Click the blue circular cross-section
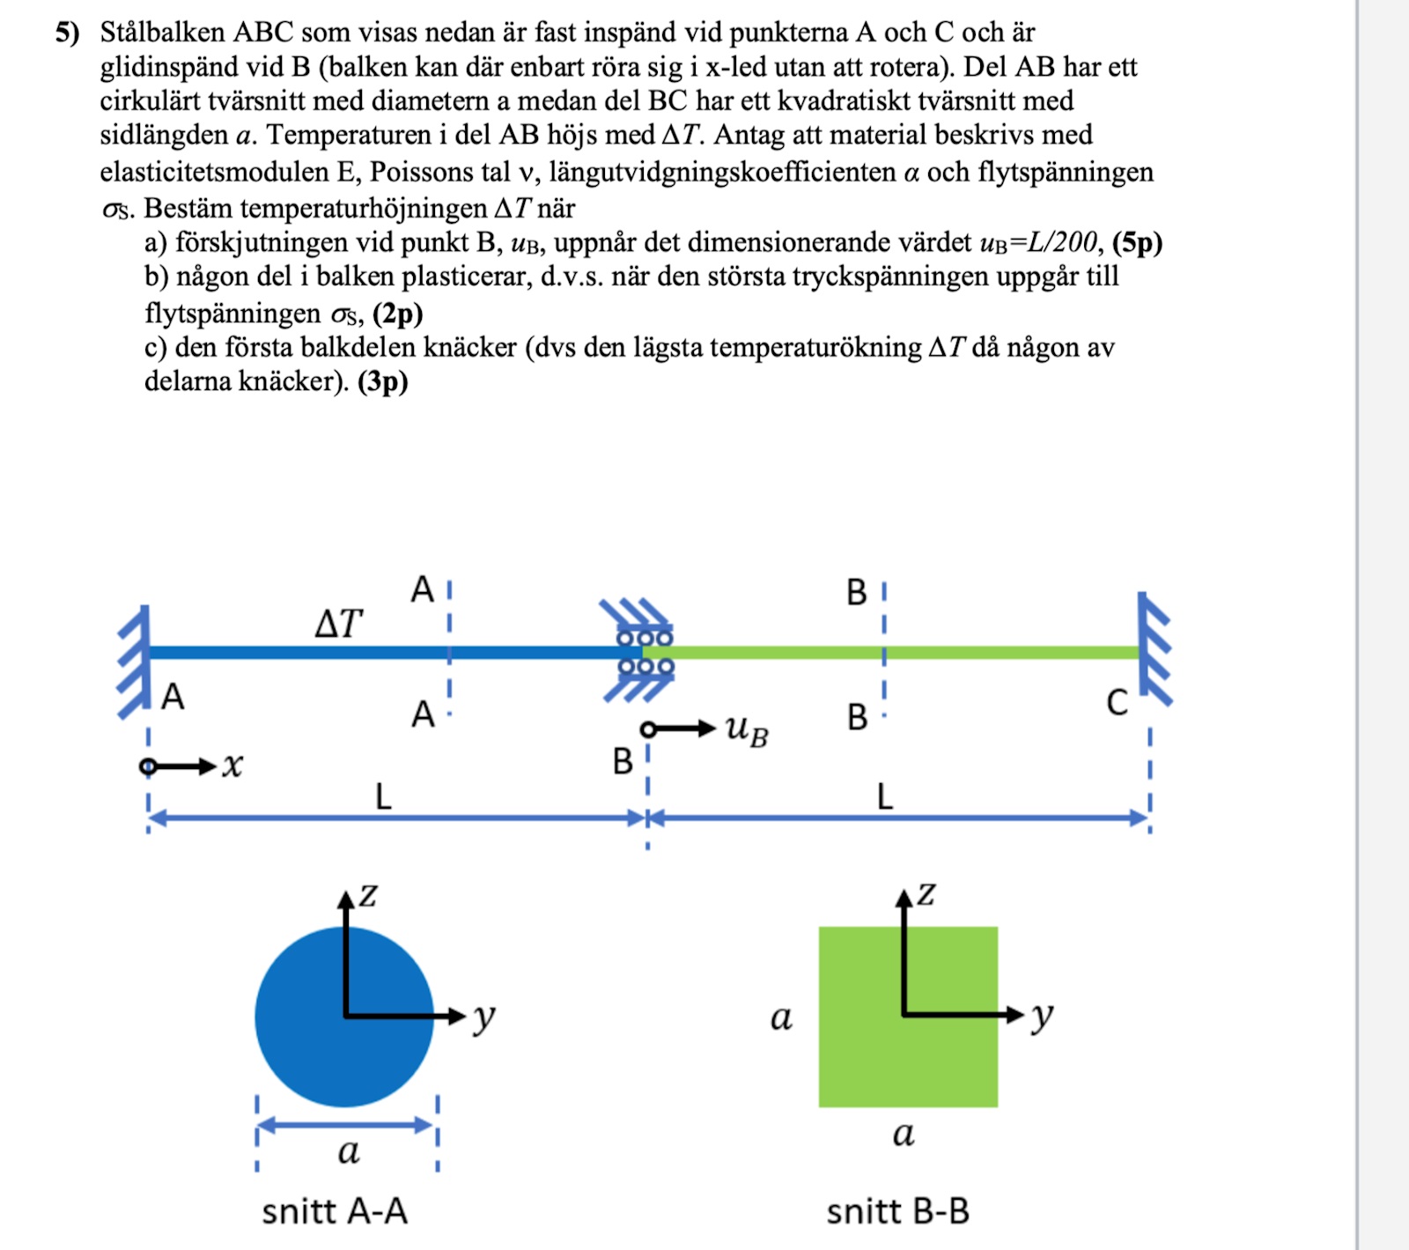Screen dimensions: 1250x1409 click(343, 1017)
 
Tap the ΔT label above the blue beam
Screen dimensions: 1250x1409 click(338, 623)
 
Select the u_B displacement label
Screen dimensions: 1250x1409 click(747, 730)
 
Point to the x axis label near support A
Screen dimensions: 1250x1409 click(232, 766)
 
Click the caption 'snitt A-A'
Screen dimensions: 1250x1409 click(335, 1211)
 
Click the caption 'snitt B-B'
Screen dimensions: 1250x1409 click(897, 1211)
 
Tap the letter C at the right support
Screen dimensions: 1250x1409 click(1117, 703)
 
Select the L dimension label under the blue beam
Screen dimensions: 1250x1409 click(383, 797)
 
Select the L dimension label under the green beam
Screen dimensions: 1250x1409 click(885, 797)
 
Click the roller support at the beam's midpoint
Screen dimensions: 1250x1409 click(643, 652)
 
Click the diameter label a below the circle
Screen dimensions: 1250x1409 click(349, 1150)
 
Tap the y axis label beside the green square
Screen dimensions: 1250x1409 click(1042, 1015)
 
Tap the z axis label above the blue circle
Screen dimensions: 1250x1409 click(368, 895)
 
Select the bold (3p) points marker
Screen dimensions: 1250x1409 click(383, 381)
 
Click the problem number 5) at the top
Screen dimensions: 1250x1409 click(67, 33)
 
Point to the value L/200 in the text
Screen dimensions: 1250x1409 click(1063, 242)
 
